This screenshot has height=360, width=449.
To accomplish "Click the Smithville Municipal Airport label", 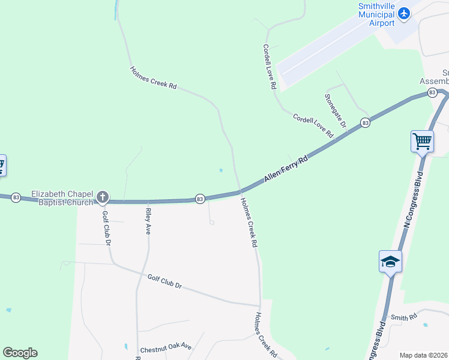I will (x=376, y=14).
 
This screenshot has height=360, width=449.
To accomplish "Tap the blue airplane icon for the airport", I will (x=403, y=13).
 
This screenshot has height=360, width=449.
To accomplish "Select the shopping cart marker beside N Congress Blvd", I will (x=423, y=142).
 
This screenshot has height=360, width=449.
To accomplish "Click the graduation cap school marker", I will (x=390, y=262).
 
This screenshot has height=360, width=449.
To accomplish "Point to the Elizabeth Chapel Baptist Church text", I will (x=62, y=198).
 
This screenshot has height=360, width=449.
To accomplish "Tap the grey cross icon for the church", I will (x=103, y=197).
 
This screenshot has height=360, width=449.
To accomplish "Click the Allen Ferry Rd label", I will (x=286, y=169).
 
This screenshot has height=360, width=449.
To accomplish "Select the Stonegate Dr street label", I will (x=336, y=110).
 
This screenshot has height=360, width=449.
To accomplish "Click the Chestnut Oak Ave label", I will (x=166, y=347).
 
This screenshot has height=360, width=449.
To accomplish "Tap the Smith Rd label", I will (x=403, y=317).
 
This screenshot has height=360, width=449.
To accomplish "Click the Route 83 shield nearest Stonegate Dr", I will (x=365, y=123).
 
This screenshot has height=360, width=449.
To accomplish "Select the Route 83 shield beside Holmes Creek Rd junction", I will (x=200, y=199).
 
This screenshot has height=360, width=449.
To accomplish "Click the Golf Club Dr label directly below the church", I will (x=106, y=228).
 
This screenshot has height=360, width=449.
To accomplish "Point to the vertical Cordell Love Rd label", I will (x=269, y=66).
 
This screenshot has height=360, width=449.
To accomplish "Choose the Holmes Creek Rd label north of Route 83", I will (x=153, y=78).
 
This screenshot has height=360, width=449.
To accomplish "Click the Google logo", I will (x=20, y=353).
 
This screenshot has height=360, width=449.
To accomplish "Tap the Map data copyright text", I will (x=424, y=355).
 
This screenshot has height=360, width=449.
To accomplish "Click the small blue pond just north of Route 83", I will (x=221, y=170).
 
